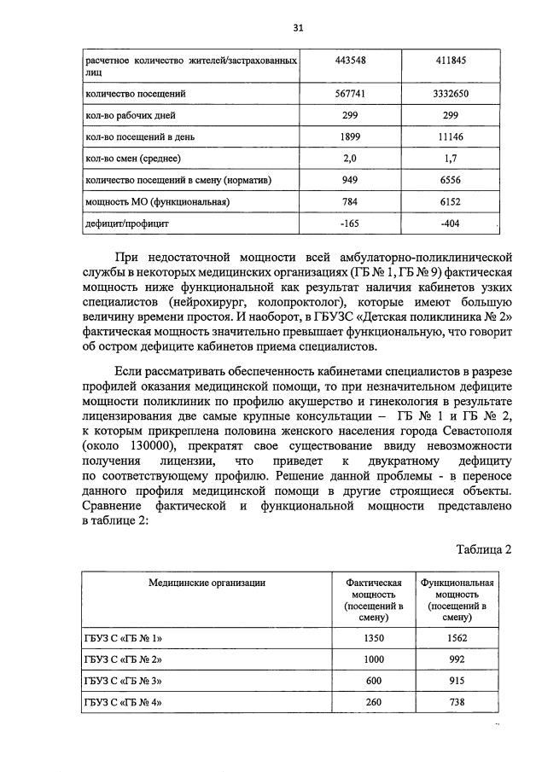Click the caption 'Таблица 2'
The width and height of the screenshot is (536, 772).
coord(483,549)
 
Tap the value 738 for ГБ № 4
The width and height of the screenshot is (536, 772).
coord(457,703)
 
